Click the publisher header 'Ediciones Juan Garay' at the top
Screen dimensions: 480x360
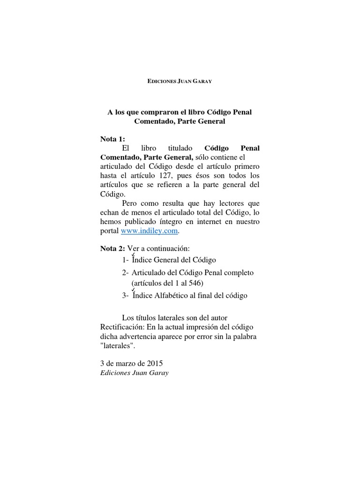click(180, 82)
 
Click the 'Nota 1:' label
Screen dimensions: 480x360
click(113, 139)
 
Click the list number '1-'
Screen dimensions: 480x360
click(125, 260)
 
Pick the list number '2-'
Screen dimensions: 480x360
click(125, 272)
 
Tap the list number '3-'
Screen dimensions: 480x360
click(125, 296)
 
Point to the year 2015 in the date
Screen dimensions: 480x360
click(154, 364)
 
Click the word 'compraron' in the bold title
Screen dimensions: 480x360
click(157, 112)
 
